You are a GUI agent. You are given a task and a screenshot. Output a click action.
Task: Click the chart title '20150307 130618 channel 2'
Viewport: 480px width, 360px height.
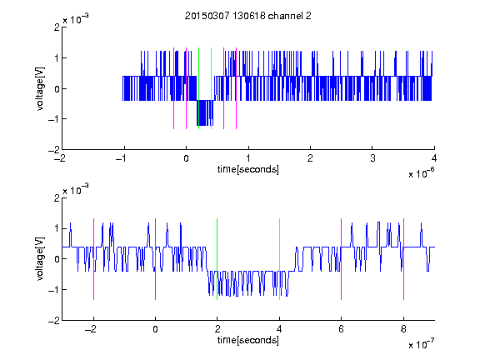click(x=248, y=16)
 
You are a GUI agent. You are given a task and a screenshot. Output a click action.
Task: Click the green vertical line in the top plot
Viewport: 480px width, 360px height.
click(x=198, y=88)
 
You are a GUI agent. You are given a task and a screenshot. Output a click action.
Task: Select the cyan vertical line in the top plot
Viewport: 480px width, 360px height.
click(x=211, y=88)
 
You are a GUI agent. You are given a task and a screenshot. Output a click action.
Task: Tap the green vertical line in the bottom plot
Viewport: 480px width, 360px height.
click(x=217, y=259)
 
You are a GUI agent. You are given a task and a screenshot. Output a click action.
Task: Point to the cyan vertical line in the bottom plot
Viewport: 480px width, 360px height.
click(x=279, y=259)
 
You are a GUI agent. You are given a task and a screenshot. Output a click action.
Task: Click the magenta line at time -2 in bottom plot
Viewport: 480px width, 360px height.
click(x=93, y=259)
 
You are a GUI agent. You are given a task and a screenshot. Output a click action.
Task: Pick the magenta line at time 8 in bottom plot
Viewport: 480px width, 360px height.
click(x=404, y=259)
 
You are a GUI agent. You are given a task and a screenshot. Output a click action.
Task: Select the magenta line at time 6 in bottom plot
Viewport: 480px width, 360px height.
click(x=342, y=259)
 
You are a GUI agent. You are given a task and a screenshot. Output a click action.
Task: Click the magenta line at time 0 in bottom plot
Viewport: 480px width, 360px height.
click(x=156, y=259)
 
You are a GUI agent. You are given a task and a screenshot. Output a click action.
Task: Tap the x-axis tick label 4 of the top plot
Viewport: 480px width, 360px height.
click(x=434, y=158)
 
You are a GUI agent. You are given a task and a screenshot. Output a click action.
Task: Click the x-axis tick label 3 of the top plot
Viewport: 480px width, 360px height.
click(x=372, y=158)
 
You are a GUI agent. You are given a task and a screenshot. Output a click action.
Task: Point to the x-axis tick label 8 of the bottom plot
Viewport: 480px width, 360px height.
click(x=403, y=329)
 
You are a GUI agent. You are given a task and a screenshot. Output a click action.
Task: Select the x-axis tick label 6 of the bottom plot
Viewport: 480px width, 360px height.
click(x=342, y=329)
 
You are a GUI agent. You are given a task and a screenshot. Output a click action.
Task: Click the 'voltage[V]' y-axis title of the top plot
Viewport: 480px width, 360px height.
click(x=40, y=88)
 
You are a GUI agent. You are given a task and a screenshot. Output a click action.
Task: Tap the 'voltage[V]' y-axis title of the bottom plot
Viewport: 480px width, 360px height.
click(x=40, y=258)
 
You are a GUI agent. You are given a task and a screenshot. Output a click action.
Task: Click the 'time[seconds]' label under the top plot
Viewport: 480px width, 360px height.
click(x=248, y=169)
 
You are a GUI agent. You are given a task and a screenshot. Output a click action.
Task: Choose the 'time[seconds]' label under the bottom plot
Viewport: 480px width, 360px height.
click(x=248, y=340)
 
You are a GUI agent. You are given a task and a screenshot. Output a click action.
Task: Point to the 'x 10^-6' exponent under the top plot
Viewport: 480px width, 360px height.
click(x=421, y=173)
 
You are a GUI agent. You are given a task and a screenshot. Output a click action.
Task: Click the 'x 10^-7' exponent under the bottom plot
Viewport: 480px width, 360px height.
click(x=421, y=344)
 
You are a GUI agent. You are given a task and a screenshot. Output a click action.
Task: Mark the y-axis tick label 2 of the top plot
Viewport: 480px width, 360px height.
click(x=57, y=27)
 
